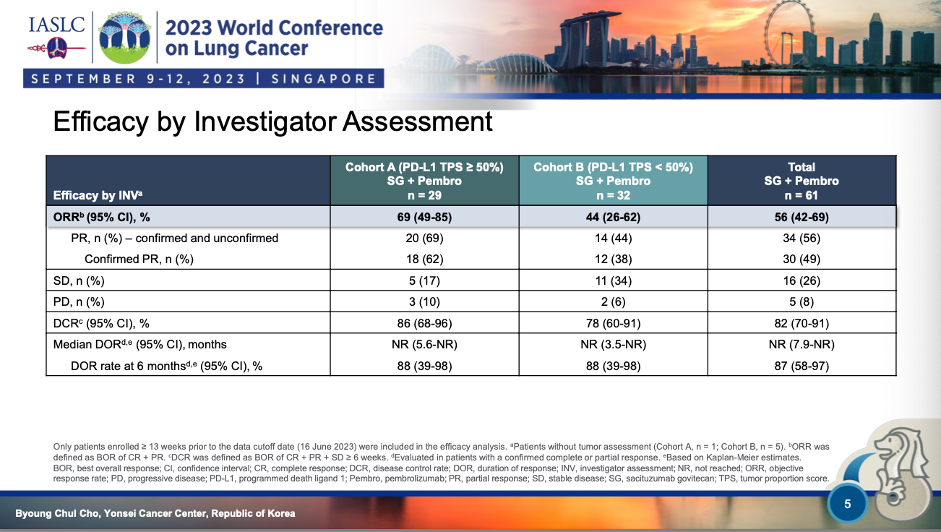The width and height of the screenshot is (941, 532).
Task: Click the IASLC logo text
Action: click(56, 25)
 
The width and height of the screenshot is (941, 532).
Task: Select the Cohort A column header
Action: click(424, 181)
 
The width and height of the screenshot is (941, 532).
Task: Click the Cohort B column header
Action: click(613, 181)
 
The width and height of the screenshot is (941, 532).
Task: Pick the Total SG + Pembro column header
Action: click(802, 181)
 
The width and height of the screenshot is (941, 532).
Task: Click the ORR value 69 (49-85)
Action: click(424, 218)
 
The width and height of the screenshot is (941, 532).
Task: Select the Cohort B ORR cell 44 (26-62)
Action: click(613, 218)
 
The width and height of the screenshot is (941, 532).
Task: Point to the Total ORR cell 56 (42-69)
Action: click(802, 218)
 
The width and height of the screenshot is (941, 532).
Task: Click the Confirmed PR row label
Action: click(139, 259)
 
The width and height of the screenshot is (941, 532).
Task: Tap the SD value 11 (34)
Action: click(613, 280)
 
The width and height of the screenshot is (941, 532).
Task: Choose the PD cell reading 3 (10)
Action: click(424, 301)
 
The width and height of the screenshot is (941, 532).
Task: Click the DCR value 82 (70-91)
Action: click(802, 324)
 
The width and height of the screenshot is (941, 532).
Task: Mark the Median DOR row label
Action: click(139, 345)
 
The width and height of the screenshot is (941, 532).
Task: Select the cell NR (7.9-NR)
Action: click(802, 345)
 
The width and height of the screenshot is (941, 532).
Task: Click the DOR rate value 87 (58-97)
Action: click(802, 366)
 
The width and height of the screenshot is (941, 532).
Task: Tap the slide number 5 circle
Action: click(847, 504)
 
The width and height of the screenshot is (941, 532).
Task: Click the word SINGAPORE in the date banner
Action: click(324, 79)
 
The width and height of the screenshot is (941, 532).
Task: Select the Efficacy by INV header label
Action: click(98, 195)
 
